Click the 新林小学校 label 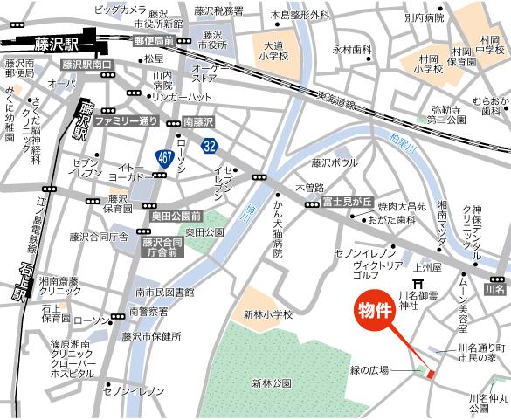[266, 314]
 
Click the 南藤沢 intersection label [199, 123]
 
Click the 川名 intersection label [496, 287]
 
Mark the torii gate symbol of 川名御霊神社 [428, 285]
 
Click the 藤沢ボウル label [334, 162]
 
